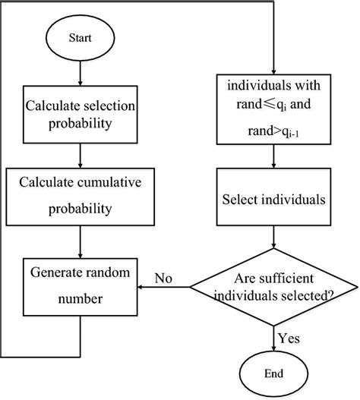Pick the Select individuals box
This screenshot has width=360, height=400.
274,201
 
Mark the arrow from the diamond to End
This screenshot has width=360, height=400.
274,330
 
